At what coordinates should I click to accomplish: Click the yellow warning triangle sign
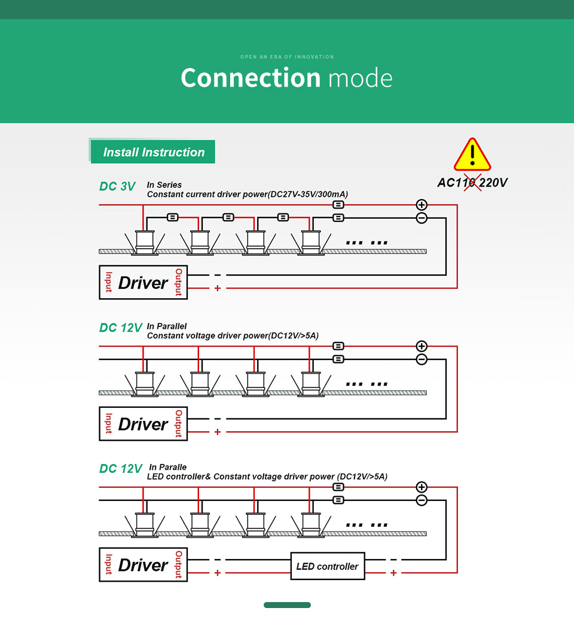(x=472, y=155)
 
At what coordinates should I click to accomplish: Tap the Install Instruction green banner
(x=154, y=152)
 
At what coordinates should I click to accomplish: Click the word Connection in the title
(x=251, y=78)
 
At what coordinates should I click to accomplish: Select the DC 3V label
(x=117, y=187)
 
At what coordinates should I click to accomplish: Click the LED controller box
(x=327, y=566)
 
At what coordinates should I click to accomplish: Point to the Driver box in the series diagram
(x=143, y=282)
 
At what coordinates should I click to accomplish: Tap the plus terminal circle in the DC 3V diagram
(x=422, y=205)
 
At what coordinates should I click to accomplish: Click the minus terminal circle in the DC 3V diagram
(x=422, y=218)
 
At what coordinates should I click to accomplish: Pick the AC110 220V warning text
(x=472, y=183)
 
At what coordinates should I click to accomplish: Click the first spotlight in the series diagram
(x=143, y=242)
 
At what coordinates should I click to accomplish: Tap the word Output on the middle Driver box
(x=178, y=424)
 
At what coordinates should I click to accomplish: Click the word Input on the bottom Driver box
(x=109, y=564)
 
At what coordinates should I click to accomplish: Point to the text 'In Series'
(x=164, y=185)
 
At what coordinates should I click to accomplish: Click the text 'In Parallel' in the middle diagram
(x=167, y=326)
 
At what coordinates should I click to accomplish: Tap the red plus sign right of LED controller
(x=393, y=573)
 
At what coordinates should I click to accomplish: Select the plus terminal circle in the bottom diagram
(x=422, y=487)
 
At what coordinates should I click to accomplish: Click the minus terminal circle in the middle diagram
(x=422, y=359)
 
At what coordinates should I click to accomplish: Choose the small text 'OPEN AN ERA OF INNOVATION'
(x=287, y=57)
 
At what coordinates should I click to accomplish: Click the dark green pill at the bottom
(x=287, y=605)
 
